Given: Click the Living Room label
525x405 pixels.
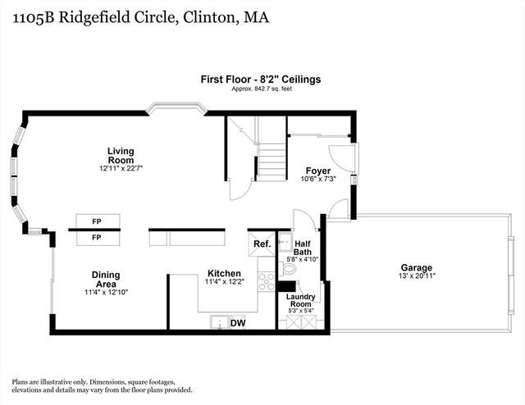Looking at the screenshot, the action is (x=121, y=155).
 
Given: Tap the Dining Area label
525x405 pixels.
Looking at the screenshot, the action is (x=106, y=280).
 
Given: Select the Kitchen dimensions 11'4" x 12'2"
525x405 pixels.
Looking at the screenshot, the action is (x=225, y=282).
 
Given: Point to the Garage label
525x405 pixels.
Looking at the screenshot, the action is (x=417, y=268).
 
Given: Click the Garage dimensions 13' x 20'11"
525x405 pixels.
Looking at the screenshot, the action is (x=417, y=276).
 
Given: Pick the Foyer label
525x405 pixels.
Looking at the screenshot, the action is (x=318, y=171).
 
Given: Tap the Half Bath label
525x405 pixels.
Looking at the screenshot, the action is (x=303, y=248).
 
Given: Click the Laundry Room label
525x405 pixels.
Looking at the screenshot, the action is (x=301, y=300).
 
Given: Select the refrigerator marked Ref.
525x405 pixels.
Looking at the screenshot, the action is (x=262, y=243).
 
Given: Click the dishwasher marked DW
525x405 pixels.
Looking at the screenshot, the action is (x=238, y=323).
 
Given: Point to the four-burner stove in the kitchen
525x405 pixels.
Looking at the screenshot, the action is (x=267, y=281).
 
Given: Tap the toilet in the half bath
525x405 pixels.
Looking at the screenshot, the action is (x=288, y=268).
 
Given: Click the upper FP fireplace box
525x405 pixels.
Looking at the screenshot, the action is (x=98, y=221).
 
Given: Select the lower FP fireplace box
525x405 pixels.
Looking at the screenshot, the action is (x=98, y=238).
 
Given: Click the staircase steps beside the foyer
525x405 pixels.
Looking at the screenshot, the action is (x=272, y=162).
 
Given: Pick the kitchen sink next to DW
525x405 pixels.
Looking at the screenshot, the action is (x=220, y=322).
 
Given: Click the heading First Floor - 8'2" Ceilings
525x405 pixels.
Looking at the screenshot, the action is (x=261, y=80).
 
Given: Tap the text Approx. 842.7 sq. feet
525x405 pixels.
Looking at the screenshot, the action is (x=262, y=89).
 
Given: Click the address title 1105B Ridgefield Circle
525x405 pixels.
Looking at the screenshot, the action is (x=94, y=17).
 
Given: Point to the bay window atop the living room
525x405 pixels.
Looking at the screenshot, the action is (x=177, y=107).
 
